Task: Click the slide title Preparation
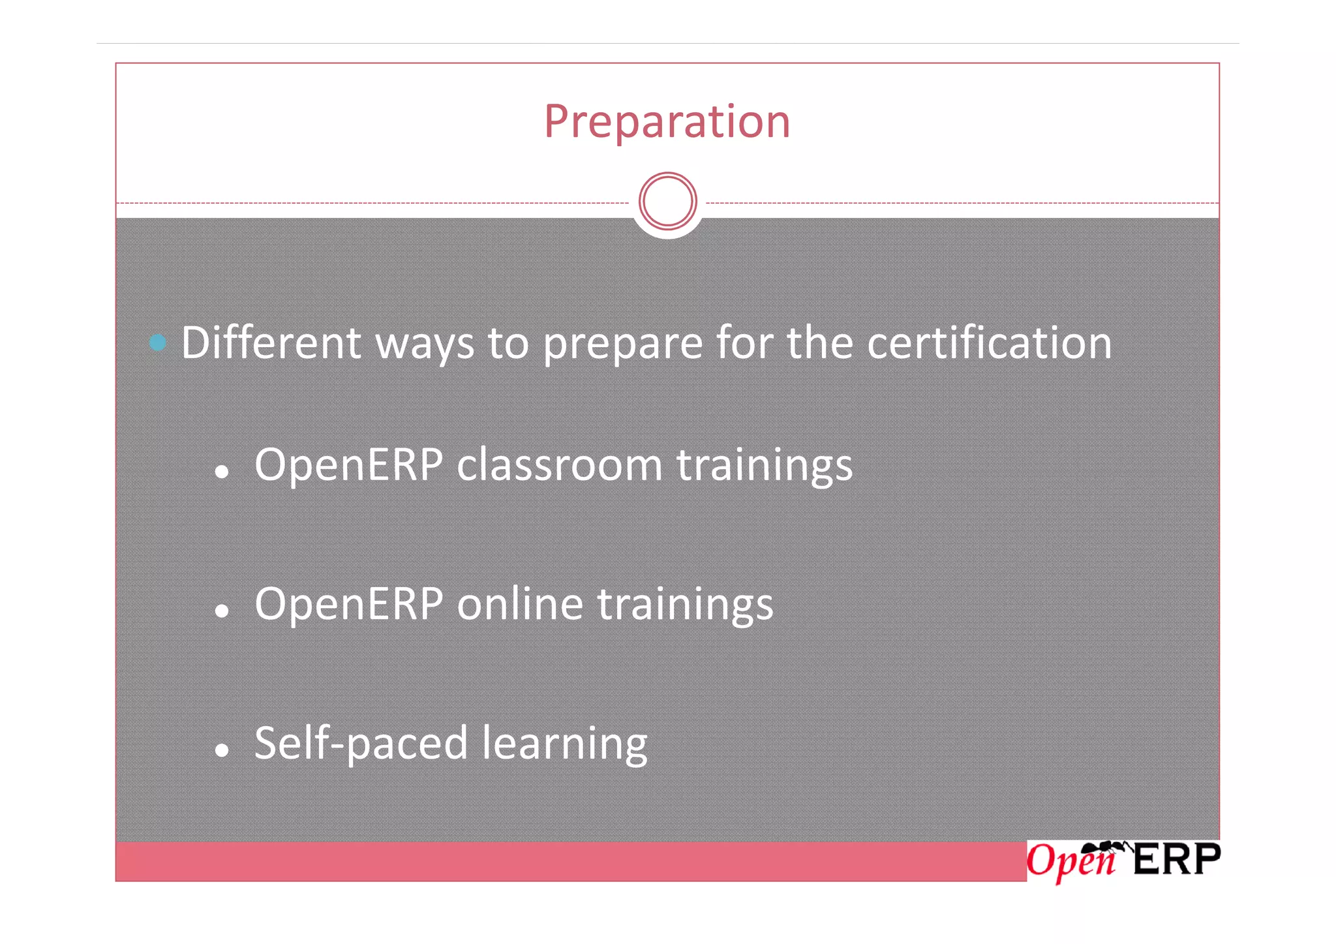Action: [x=667, y=122]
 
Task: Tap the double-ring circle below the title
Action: [x=667, y=201]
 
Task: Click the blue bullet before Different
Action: [x=157, y=342]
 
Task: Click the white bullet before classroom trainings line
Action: [x=222, y=472]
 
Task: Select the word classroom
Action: [x=559, y=464]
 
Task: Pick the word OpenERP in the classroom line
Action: [x=348, y=464]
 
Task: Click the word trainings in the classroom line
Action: [x=764, y=466]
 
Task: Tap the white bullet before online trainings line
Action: [x=222, y=611]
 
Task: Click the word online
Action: [x=519, y=603]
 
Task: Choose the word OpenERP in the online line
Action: [x=348, y=603]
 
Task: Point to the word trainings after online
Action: [x=685, y=605]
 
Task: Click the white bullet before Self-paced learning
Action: [x=222, y=750]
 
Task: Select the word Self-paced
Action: [x=361, y=743]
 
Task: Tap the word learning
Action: [x=564, y=744]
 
